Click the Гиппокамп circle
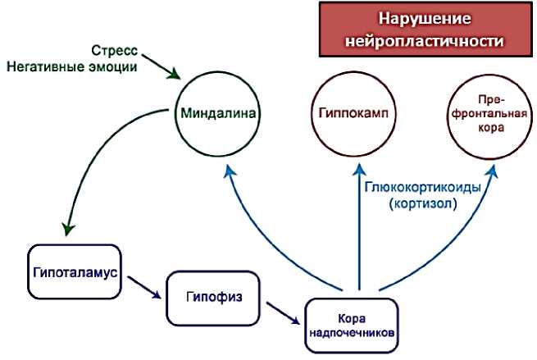(x=353, y=112)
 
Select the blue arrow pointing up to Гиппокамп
(x=358, y=230)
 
